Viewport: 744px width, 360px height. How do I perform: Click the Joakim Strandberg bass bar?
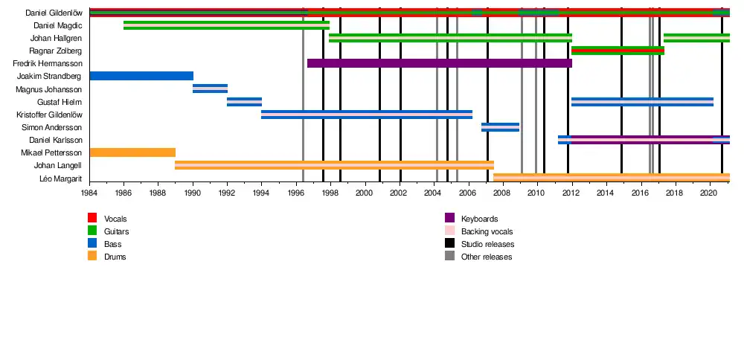[141, 76]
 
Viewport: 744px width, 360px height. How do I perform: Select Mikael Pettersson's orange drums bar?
[132, 152]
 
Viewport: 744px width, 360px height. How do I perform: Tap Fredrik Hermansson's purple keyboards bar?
[439, 63]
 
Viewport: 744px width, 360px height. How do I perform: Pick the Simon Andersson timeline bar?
[500, 127]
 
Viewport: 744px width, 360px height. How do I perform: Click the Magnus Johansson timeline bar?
[210, 89]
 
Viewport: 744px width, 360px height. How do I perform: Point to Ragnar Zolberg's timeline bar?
[618, 51]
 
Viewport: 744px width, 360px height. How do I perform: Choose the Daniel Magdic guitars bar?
[226, 25]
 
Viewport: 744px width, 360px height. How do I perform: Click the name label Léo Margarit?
[61, 179]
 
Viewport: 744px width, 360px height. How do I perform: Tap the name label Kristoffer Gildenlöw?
[49, 115]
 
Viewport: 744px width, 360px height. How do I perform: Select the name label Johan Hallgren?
[56, 38]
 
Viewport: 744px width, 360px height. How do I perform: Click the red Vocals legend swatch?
[93, 218]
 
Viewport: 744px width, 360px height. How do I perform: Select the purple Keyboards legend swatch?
[449, 218]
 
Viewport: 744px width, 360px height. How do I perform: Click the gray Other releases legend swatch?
[449, 257]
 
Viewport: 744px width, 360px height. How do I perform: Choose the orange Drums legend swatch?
[93, 257]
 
